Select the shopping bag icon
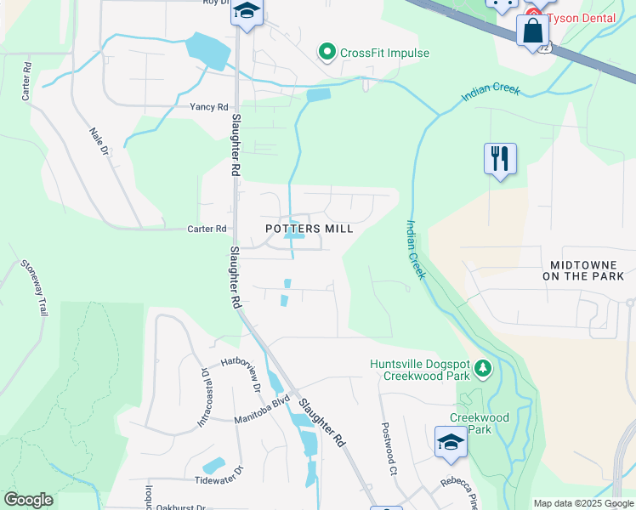pos(532,31)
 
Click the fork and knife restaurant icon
pos(500,158)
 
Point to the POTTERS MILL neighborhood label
pos(309,229)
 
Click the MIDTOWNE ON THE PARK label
pos(587,270)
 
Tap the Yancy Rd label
pos(208,107)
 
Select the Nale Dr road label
pos(100,141)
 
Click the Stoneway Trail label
pos(32,287)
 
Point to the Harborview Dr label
pos(241,372)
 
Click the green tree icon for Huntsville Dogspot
pos(483,367)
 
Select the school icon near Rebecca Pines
pos(451,442)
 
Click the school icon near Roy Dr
pos(247,12)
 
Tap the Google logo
pos(28,500)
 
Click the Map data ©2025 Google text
pos(582,503)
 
